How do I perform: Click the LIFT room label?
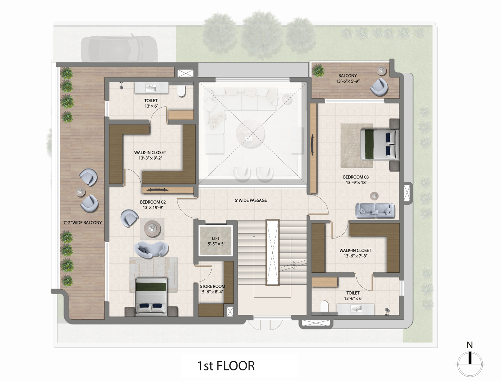[x=216, y=238]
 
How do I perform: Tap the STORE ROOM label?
[x=212, y=286]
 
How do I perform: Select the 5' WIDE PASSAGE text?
[x=250, y=200]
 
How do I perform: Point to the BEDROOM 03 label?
[x=356, y=177]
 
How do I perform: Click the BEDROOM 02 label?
[x=153, y=202]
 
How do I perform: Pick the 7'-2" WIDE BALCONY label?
[x=83, y=223]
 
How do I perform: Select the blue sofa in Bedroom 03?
[x=375, y=210]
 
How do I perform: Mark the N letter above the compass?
[x=470, y=345]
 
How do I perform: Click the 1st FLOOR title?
[x=226, y=366]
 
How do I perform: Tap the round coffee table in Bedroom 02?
[x=152, y=229]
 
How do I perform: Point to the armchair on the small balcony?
[x=379, y=87]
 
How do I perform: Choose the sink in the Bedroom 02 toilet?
[x=151, y=88]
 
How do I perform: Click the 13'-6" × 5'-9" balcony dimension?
[x=348, y=81]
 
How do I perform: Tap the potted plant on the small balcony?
[x=318, y=70]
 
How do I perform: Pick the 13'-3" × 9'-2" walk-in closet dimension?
[x=150, y=158]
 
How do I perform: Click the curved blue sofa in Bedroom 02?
[x=151, y=250]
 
